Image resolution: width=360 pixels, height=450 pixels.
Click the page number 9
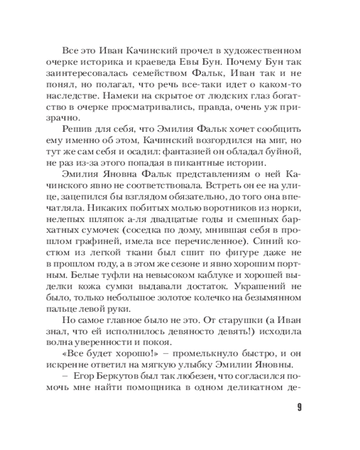tap(300, 409)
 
